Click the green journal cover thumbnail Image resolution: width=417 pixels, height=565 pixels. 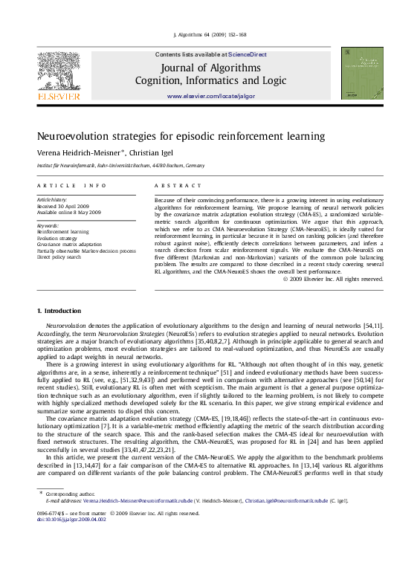tap(362, 73)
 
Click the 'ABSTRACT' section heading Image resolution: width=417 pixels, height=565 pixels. tap(178, 185)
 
